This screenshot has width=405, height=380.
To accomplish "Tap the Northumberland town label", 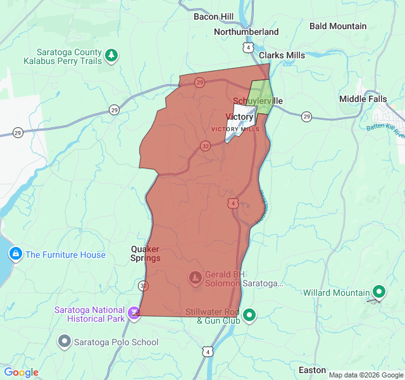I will pyautogui.click(x=246, y=32).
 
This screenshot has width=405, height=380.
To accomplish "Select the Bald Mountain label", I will pyautogui.click(x=338, y=26).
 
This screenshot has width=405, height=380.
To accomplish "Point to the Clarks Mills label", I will pyautogui.click(x=282, y=55).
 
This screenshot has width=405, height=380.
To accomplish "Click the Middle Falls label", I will pyautogui.click(x=363, y=99).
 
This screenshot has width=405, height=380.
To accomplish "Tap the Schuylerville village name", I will pyautogui.click(x=258, y=101).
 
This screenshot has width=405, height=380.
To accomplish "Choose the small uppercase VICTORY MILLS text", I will pyautogui.click(x=235, y=129).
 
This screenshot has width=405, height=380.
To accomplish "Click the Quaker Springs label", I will pyautogui.click(x=146, y=253).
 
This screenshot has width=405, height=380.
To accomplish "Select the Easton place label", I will pyautogui.click(x=312, y=370).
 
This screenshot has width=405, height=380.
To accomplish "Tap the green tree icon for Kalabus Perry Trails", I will pyautogui.click(x=111, y=56).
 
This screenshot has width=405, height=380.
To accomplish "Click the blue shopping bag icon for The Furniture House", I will pyautogui.click(x=15, y=255).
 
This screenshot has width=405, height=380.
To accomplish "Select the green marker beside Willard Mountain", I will pyautogui.click(x=379, y=292).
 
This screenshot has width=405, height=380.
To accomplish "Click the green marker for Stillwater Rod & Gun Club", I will pyautogui.click(x=250, y=315).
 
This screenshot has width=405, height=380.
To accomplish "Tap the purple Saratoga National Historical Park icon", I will pyautogui.click(x=134, y=312).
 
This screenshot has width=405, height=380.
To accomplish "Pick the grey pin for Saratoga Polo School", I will pyautogui.click(x=64, y=342).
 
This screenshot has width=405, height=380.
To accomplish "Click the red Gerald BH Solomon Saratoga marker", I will pyautogui.click(x=196, y=277).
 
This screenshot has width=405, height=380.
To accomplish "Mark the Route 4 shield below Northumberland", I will pyautogui.click(x=248, y=47).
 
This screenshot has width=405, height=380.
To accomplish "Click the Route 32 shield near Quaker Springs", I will pyautogui.click(x=144, y=286).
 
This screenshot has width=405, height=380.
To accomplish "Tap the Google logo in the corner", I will pyautogui.click(x=21, y=372).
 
